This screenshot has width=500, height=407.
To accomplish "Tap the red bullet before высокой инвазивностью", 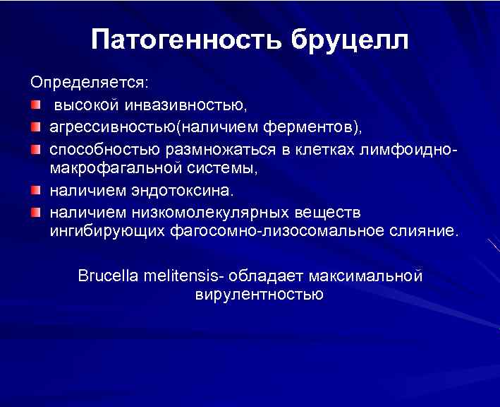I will click(35, 105).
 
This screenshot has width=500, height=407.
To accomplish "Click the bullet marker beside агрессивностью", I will click(35, 127).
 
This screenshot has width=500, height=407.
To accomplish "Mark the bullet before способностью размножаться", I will click(35, 150).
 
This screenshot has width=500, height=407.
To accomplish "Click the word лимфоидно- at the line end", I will click(409, 150).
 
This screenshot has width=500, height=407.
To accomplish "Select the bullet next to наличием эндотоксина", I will click(35, 191).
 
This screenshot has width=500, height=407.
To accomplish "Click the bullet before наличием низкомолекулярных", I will click(35, 212).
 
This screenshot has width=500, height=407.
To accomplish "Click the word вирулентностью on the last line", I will click(259, 293).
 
